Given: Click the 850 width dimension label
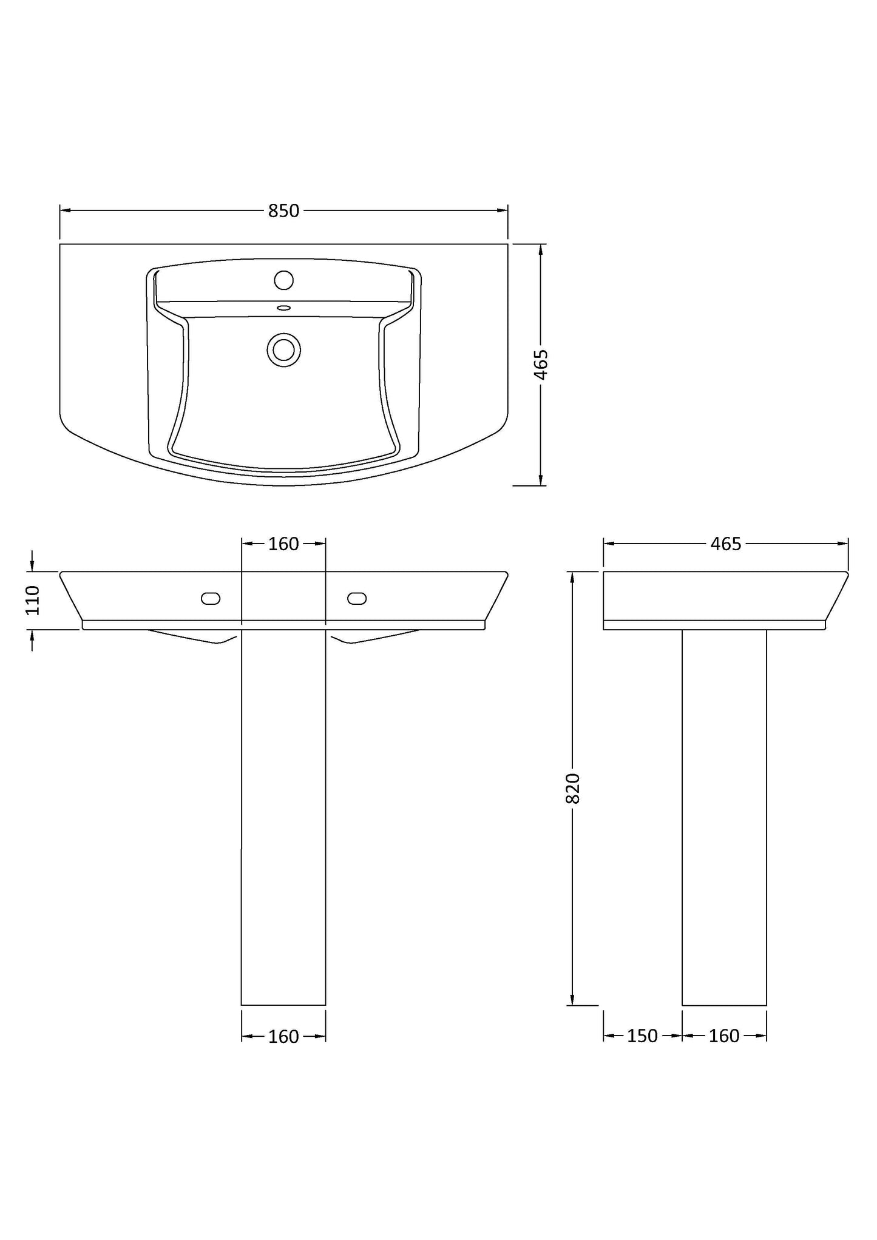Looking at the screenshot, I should pos(284,211).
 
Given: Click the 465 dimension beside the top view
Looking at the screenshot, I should pos(541,365).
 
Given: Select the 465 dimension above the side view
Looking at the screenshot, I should pos(726,544).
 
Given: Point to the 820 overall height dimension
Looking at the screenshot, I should pos(572,789).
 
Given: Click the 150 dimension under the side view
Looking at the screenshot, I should pos(642,1036).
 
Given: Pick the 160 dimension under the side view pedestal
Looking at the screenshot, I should pos(724,1036).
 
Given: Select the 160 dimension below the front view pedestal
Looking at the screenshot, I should pos(284,1037).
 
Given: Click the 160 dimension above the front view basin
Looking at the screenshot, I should pos(284,544).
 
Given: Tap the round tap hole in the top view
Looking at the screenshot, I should pos(283,280).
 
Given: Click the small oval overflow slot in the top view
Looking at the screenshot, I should pos(283,308).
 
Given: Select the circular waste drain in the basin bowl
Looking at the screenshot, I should pos(283,349).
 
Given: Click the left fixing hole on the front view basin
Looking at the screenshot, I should pos(211,599).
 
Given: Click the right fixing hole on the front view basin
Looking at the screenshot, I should pos(357,599).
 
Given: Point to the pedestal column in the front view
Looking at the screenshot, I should pos(283,819).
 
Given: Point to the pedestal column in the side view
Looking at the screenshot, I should pos(724,819).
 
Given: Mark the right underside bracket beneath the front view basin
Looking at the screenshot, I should pos(371,636).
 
